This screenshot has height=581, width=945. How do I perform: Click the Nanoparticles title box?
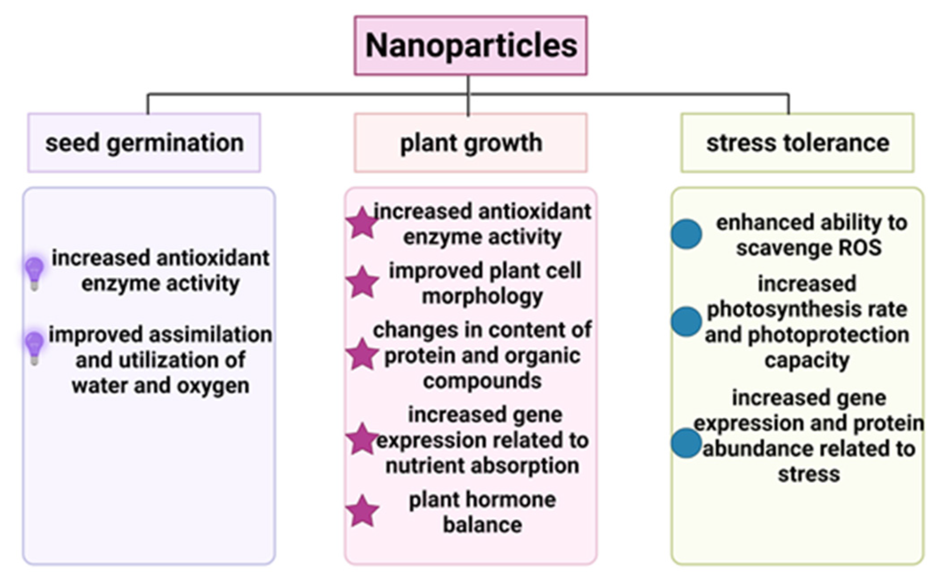(x=471, y=45)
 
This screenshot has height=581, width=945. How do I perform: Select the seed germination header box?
(x=144, y=143)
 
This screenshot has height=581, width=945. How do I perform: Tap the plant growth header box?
(x=471, y=143)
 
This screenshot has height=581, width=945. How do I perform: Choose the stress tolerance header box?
(x=797, y=143)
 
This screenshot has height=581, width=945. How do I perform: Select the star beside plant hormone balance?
(x=363, y=511)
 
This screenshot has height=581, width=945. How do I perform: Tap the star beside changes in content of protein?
(x=363, y=355)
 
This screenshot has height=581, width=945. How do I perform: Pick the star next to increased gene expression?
(x=363, y=439)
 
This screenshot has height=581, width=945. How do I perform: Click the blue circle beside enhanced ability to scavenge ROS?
(x=687, y=234)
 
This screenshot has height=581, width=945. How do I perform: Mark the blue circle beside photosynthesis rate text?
(x=687, y=321)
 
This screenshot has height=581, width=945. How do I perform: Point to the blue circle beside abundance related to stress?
(x=687, y=443)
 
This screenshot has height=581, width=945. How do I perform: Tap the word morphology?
(x=482, y=297)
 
